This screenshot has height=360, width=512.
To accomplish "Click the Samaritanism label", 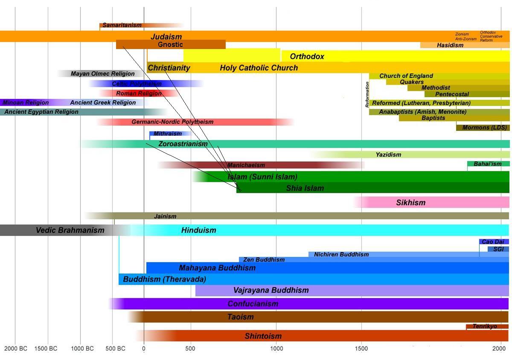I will (x=122, y=25).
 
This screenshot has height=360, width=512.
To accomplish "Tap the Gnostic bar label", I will (x=170, y=44).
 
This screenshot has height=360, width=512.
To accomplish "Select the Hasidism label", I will (x=450, y=45).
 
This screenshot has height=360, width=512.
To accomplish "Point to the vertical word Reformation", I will (x=367, y=94).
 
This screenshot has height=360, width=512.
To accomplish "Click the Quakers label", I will (x=412, y=82).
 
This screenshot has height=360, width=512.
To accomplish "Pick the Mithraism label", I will (x=168, y=134).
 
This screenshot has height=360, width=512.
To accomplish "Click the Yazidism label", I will (x=388, y=154).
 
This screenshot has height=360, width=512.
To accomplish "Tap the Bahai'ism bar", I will (x=487, y=164).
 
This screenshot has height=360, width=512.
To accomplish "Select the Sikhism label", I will (x=410, y=203).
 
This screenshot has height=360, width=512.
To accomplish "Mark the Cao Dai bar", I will (x=493, y=242).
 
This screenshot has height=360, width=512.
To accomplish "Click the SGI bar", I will (x=498, y=249).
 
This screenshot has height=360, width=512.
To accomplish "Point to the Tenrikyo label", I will (x=485, y=326).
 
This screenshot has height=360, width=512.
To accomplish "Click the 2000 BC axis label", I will (x=15, y=348).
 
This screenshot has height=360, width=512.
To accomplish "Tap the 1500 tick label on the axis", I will (x=361, y=348).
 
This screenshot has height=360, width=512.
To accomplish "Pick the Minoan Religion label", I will (x=26, y=102).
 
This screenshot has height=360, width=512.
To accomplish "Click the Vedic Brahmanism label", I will (x=70, y=230).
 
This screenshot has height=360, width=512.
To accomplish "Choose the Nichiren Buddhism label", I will (x=341, y=254).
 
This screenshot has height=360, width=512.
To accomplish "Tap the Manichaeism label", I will (x=246, y=165).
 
